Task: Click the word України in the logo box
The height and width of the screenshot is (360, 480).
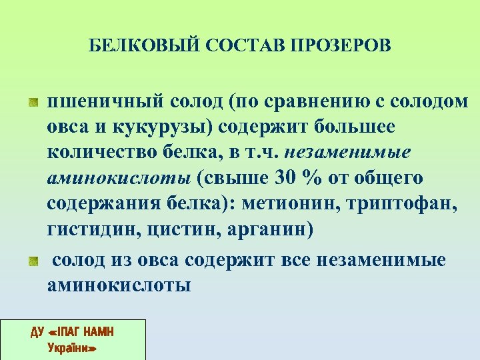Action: click(x=73, y=348)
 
